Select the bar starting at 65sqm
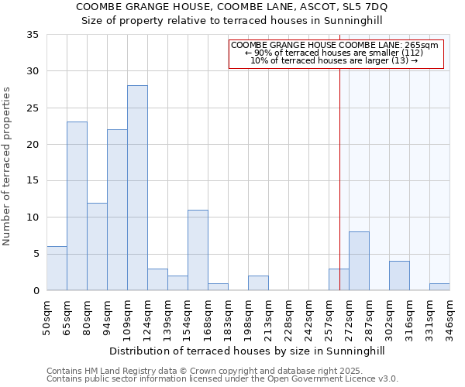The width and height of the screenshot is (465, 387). [x=77, y=206]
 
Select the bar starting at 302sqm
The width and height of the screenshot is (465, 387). [x=399, y=276]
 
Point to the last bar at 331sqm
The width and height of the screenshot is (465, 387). [x=439, y=286]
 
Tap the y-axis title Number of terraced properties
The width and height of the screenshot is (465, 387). [x=7, y=166]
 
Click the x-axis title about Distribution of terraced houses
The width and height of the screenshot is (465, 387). [x=246, y=351]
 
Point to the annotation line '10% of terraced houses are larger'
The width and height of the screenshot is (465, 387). [x=335, y=60]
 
